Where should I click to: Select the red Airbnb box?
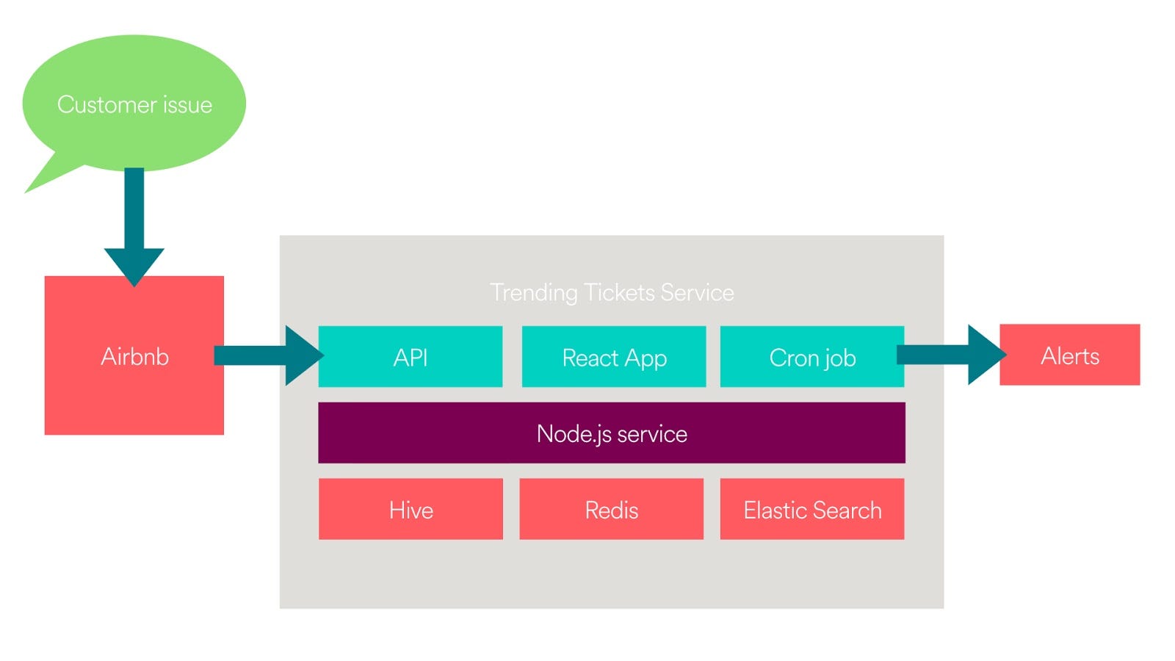pos(134,355)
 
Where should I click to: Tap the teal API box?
pos(411,357)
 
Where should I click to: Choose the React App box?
pos(614,357)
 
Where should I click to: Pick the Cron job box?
pos(812,357)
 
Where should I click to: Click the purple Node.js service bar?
pos(612,433)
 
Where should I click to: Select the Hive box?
pos(411,509)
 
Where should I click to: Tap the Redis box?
pos(611,509)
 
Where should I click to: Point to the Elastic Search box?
pos(812,509)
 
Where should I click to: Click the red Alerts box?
pos(1069,355)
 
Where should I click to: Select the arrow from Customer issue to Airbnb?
pos(134,227)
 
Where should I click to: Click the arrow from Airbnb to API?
pos(269,355)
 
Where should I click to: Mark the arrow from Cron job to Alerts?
pos(952,355)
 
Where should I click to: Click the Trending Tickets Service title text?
pos(612,293)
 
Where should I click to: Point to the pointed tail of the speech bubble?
pos(25,193)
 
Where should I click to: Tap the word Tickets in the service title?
pos(619,292)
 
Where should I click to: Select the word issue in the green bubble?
pos(187,104)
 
